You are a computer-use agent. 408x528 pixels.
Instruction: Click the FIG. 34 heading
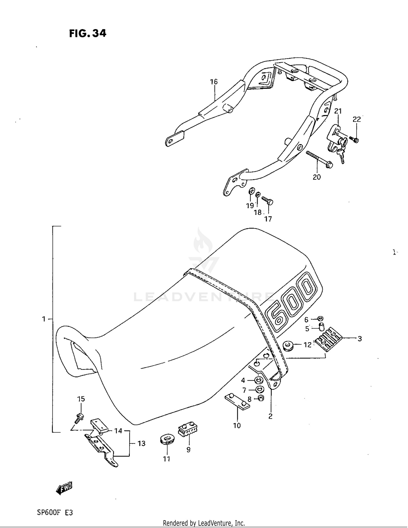point(88,33)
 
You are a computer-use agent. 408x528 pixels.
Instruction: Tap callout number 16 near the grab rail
point(214,82)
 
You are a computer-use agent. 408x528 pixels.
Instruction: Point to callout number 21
point(338,111)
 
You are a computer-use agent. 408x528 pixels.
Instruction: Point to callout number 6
point(306,320)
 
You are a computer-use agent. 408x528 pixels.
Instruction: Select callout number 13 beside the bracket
point(141,444)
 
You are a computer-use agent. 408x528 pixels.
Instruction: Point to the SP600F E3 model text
point(55,513)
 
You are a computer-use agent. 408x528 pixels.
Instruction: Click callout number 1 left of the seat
point(44,319)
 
